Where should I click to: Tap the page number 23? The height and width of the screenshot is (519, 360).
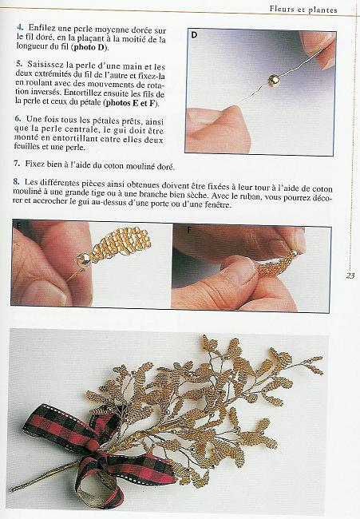350,276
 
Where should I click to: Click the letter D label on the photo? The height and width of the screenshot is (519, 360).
194,36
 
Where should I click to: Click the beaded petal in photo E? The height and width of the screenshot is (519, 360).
111,243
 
